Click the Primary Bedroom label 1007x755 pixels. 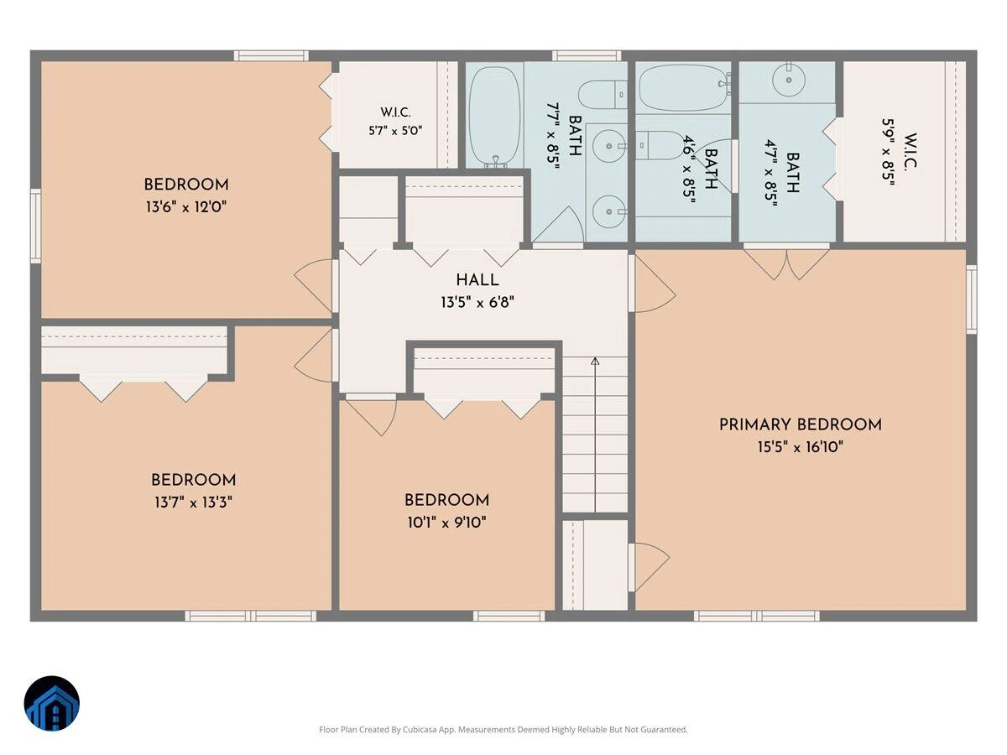tap(800, 424)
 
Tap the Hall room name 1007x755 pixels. tap(477, 280)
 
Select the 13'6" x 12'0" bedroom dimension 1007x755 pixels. tap(186, 207)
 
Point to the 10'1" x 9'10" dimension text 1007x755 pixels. tap(446, 522)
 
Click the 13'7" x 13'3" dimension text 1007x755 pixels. tap(193, 502)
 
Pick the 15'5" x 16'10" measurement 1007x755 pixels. tap(800, 446)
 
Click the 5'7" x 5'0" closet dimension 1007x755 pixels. tap(395, 131)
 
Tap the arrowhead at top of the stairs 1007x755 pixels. tap(595, 361)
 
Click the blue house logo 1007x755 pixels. tap(51, 704)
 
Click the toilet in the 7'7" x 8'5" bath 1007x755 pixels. tap(603, 95)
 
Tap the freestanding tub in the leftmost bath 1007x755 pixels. tap(495, 117)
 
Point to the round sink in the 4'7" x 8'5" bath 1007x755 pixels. tap(789, 80)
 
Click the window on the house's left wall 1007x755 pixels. tap(36, 226)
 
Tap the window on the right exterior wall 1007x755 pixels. tap(971, 299)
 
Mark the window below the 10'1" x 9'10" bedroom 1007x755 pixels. tap(509, 616)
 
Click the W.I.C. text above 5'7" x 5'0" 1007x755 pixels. tap(395, 112)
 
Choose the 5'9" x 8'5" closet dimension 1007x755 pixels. tap(888, 152)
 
